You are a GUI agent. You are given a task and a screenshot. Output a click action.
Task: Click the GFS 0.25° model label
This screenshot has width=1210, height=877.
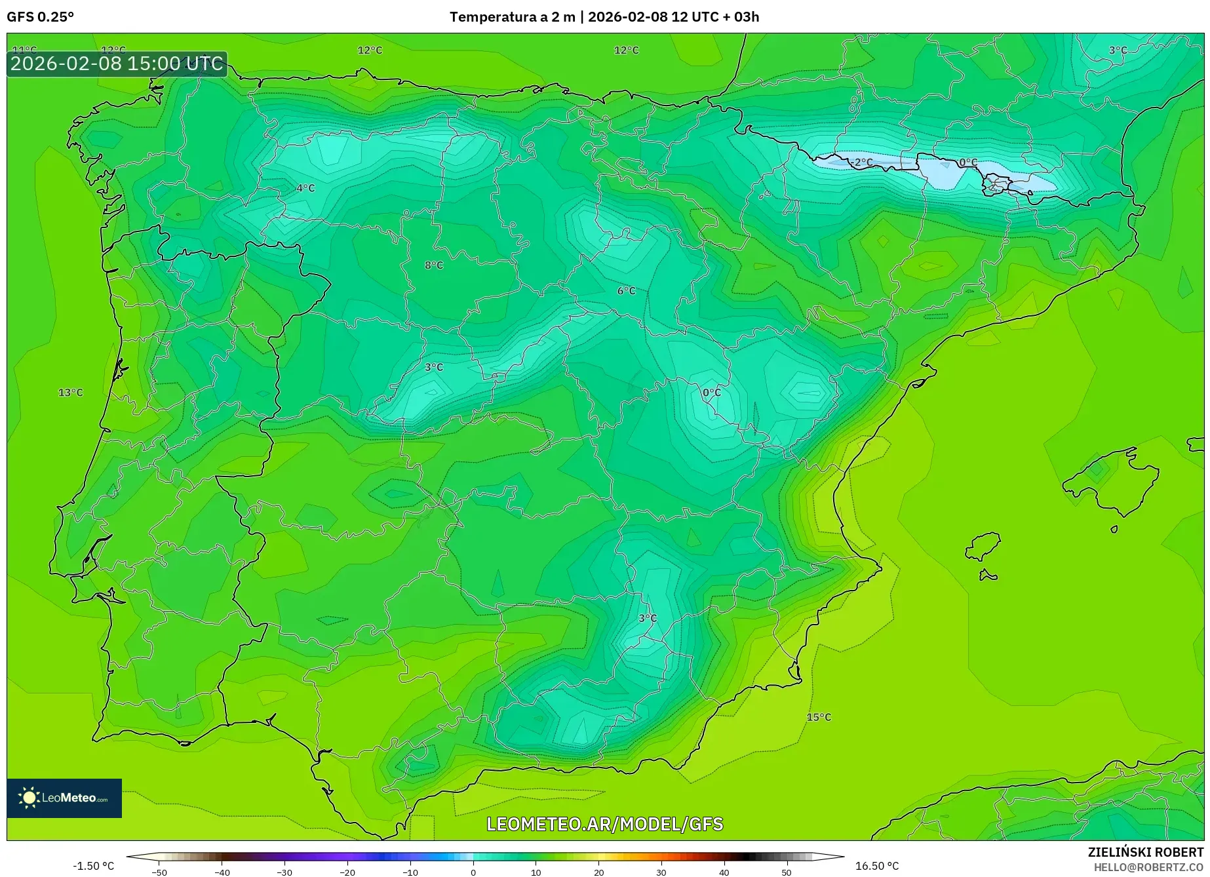(40, 17)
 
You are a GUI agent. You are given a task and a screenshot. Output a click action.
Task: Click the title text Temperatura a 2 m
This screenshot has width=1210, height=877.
(511, 17)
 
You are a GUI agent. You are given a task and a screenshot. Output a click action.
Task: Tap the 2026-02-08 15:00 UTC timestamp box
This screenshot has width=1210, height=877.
(117, 64)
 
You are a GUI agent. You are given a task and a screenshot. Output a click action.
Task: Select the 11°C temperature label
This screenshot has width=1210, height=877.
(25, 50)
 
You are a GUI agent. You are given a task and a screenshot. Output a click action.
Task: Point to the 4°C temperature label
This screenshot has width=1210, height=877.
(305, 188)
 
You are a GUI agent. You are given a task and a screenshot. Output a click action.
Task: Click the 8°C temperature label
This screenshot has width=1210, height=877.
(434, 265)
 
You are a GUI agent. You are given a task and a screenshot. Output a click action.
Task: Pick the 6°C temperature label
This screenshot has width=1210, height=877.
(626, 291)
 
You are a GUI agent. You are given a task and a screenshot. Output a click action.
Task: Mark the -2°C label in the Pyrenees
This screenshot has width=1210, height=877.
(862, 162)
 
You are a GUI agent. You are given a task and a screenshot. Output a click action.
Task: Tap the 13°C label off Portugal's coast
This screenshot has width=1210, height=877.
(71, 393)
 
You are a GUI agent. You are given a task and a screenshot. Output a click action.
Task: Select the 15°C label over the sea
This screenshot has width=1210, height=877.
(819, 717)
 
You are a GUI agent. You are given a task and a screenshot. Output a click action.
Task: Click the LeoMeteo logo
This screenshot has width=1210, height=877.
(64, 798)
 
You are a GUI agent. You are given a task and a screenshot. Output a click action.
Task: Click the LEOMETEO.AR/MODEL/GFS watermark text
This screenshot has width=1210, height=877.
(604, 824)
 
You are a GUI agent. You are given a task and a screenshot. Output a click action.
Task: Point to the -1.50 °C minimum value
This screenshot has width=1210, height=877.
(93, 866)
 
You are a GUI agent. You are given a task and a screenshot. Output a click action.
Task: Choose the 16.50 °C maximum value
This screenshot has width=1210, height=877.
(877, 866)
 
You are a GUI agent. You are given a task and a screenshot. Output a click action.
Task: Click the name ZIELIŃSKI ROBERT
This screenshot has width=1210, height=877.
(1146, 852)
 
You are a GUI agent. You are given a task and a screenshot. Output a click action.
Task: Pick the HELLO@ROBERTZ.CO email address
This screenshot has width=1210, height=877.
(1148, 867)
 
